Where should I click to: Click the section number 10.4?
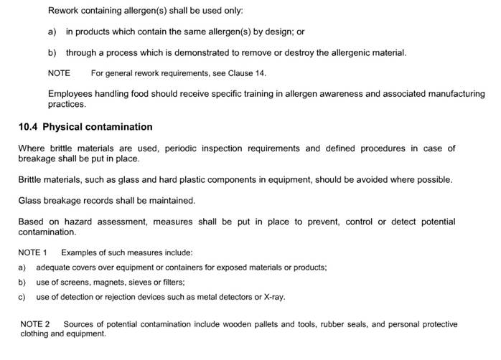tap(28, 127)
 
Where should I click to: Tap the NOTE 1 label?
tap(32, 252)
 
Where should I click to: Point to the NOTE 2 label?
tap(35, 324)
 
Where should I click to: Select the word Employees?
tap(70, 94)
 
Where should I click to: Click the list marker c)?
tap(22, 297)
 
